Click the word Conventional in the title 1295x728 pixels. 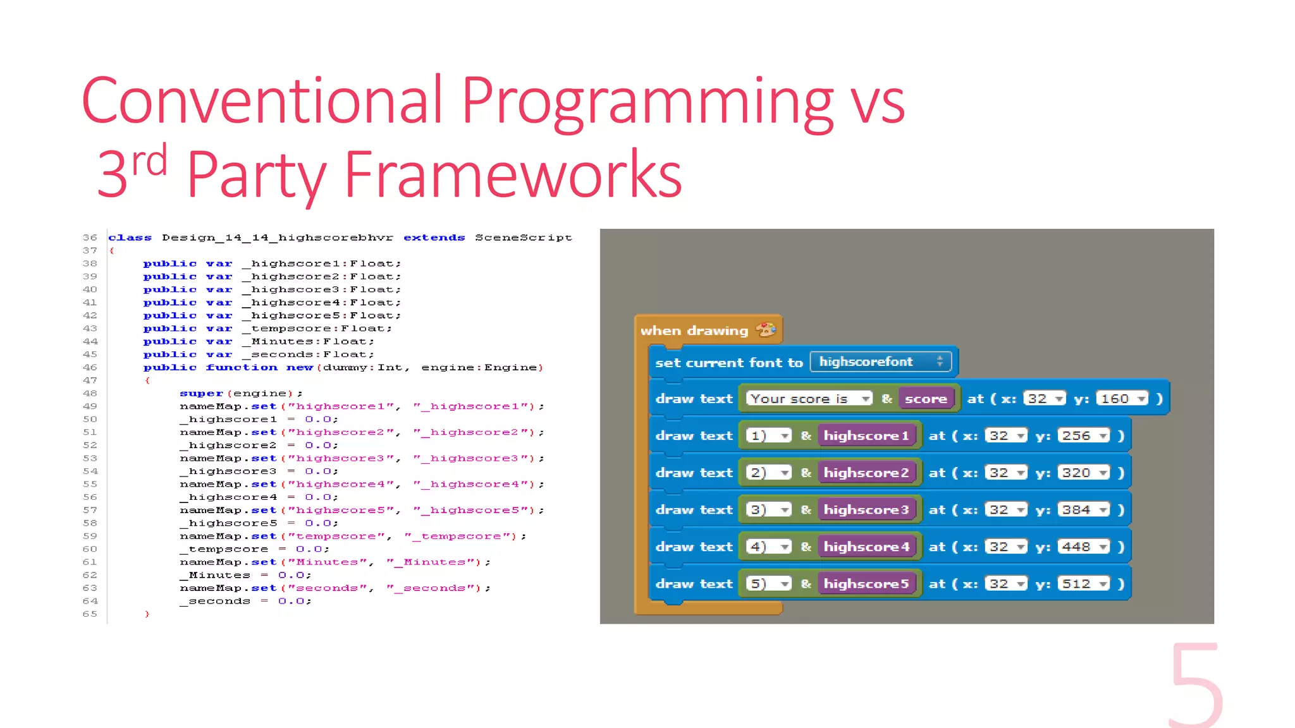[261, 101]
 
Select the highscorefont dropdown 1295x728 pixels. [880, 362]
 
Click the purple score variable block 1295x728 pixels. [925, 399]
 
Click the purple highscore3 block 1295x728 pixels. [866, 510]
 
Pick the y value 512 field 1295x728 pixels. [1083, 584]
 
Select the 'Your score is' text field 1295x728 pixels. [807, 399]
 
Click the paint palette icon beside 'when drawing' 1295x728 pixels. [766, 329]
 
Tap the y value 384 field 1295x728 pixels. [1083, 510]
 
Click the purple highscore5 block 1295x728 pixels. [866, 584]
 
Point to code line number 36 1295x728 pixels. [90, 238]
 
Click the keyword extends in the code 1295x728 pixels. [434, 238]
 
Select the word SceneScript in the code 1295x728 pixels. [523, 238]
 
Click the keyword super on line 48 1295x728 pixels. [201, 393]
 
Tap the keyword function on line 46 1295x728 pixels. [242, 367]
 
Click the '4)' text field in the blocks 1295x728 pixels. [768, 547]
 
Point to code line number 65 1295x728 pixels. [90, 614]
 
